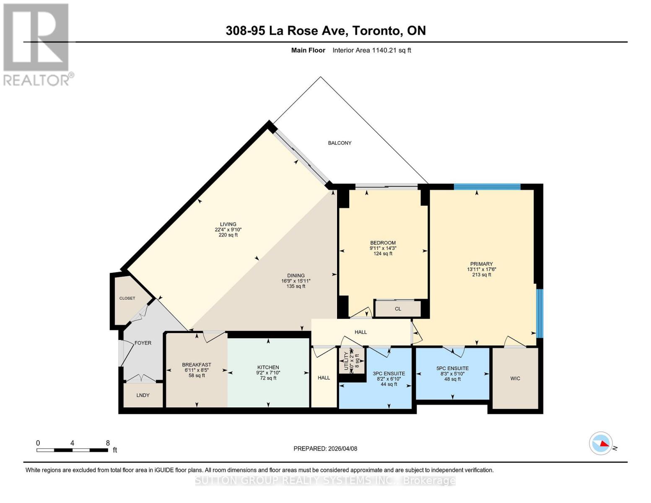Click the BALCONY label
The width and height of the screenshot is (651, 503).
point(340,143)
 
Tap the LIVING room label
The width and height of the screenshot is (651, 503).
point(228,224)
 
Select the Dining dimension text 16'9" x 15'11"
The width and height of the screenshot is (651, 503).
point(296,281)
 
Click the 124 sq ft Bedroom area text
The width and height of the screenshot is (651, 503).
point(383,254)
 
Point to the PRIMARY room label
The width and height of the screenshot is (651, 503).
point(481,264)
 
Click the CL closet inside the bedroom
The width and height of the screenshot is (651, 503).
point(398,309)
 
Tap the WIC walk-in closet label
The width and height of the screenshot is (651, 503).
point(515,379)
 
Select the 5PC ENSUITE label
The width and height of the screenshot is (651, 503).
point(452,368)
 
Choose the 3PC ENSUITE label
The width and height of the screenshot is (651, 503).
point(389,373)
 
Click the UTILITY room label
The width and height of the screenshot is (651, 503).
point(346,361)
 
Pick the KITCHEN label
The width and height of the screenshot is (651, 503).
point(268,368)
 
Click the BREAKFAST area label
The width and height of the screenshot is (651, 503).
point(197,365)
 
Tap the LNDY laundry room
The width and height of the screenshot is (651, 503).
point(143,395)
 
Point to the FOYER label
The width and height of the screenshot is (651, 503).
point(143,343)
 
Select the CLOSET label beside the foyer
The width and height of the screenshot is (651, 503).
point(127,298)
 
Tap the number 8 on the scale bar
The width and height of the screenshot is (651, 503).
point(108,443)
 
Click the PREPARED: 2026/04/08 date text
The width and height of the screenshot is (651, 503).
point(325,449)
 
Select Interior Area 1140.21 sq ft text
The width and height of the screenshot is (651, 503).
point(372,50)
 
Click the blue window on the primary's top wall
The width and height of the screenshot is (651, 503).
point(487,187)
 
